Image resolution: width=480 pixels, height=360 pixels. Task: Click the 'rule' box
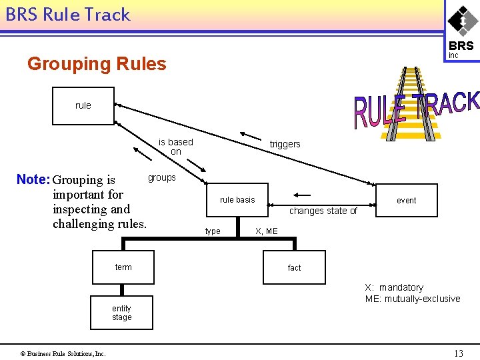point(83,105)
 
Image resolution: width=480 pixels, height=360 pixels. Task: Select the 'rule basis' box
point(237,200)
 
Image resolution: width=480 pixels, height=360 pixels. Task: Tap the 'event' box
point(406,200)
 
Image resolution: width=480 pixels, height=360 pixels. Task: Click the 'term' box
point(123,267)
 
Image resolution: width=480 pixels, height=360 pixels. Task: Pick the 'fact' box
point(294,268)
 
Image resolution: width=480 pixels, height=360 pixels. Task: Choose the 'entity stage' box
point(121,313)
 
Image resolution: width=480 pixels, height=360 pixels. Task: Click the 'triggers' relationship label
point(285,144)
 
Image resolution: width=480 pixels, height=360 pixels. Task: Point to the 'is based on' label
point(175,147)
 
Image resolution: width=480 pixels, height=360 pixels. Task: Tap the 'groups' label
point(162,177)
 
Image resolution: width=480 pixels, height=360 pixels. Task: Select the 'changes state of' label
point(323,211)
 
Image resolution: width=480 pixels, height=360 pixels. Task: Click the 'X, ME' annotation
point(267,231)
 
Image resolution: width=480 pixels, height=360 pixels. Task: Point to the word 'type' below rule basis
point(213,231)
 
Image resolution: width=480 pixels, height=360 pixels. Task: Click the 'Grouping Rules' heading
point(97,64)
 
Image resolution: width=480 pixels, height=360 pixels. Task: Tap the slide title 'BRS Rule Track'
point(68,15)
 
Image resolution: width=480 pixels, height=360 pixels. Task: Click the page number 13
point(458,353)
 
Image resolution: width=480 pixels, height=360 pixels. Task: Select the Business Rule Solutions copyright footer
point(63,353)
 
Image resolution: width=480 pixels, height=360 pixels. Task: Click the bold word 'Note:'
point(33,179)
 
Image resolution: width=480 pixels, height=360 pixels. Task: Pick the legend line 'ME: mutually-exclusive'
point(412,299)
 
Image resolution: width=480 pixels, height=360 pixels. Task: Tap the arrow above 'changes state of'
point(301,196)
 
